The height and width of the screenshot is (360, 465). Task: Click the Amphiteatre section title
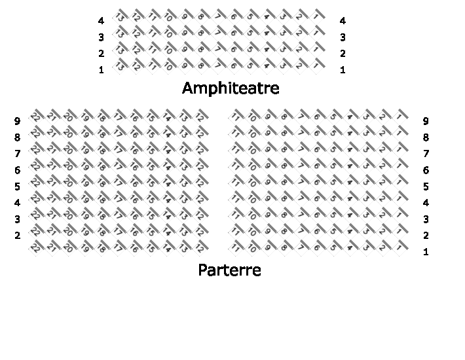coord(231,88)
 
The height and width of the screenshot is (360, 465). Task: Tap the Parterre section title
coord(229,270)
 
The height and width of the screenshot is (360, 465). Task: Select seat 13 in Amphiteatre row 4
coord(120,17)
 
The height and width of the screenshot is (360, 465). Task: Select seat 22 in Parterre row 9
coord(36,117)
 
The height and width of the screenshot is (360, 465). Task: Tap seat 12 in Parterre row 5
coord(200,182)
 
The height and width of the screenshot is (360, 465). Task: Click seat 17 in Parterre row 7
coord(118,149)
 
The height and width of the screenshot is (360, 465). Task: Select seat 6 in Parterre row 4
coord(317,198)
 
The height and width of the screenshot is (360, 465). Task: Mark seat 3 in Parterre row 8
coord(366,133)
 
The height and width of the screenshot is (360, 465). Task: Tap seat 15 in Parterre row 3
coord(151,215)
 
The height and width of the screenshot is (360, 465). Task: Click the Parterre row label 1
coord(426,252)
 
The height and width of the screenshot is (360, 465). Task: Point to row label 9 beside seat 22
coord(18,121)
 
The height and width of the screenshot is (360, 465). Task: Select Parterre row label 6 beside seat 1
coord(426,170)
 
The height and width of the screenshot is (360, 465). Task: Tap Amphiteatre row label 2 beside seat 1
coord(343,54)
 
